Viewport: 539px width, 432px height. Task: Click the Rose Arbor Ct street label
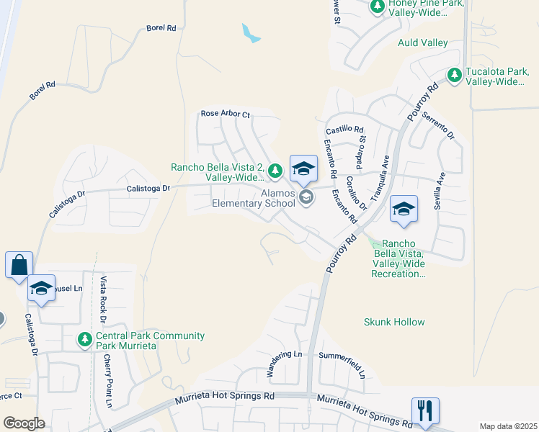click(225, 114)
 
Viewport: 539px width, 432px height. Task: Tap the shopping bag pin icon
click(18, 264)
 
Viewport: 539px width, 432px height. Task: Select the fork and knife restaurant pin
click(425, 410)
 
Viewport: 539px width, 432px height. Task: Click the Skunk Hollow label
click(394, 322)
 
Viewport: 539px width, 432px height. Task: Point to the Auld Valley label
click(423, 43)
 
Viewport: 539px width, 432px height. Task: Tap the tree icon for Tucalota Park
click(454, 75)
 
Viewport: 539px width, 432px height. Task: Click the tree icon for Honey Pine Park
click(377, 6)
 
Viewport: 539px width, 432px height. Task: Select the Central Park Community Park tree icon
click(85, 338)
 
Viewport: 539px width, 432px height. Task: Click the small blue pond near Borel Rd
click(251, 33)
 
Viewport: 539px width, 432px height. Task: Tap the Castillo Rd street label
click(344, 130)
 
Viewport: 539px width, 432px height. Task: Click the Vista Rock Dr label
click(104, 299)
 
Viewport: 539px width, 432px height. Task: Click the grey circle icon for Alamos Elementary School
click(306, 198)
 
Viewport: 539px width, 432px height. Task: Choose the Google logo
click(24, 423)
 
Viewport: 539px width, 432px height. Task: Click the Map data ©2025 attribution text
click(507, 426)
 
